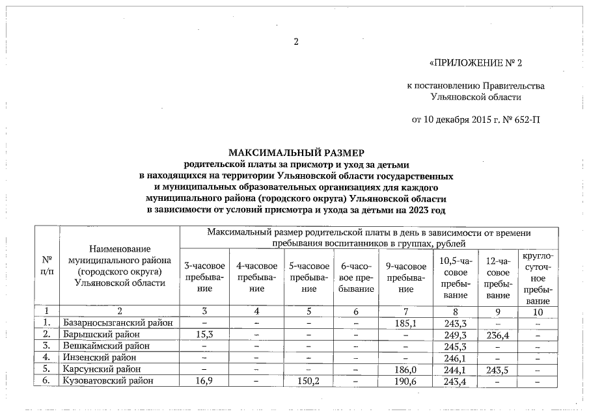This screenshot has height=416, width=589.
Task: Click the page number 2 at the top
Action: (x=296, y=42)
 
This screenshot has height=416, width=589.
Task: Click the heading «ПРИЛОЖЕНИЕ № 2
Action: (x=476, y=64)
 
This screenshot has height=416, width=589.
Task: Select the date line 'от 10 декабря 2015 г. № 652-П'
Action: (x=476, y=120)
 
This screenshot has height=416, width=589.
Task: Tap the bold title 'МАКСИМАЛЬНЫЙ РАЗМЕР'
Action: (x=294, y=153)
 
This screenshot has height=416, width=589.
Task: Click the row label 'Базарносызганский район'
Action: (x=117, y=322)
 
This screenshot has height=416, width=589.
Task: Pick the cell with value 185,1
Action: (x=405, y=322)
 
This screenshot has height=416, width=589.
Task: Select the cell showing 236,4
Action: (x=498, y=334)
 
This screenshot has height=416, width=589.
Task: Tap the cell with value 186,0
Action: (x=405, y=369)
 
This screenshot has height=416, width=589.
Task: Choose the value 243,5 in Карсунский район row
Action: (x=498, y=369)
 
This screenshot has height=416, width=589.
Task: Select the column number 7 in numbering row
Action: (x=405, y=311)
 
